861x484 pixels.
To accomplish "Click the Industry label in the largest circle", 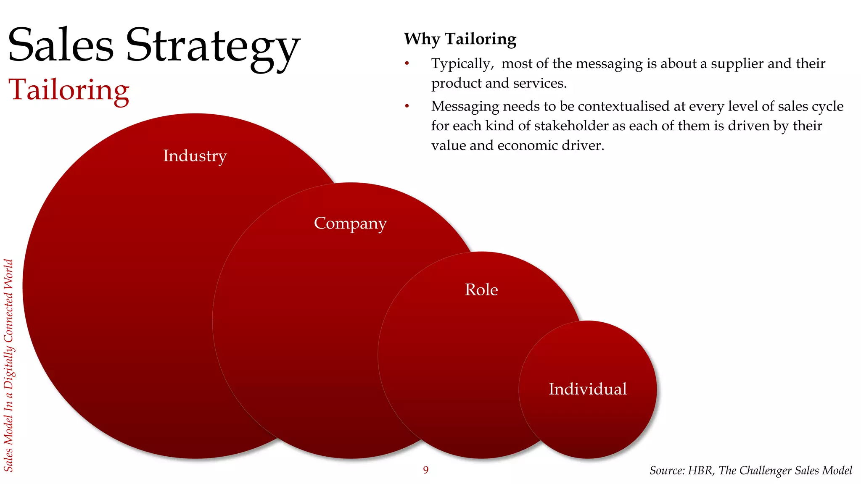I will [x=195, y=156].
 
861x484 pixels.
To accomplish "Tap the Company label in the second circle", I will [x=350, y=223].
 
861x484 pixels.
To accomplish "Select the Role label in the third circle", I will [x=481, y=290].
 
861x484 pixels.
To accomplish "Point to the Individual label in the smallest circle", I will [x=587, y=389].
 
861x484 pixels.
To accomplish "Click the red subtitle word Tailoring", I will [x=69, y=90].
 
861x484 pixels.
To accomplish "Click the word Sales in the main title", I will [x=61, y=45].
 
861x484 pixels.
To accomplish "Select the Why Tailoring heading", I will [x=460, y=39].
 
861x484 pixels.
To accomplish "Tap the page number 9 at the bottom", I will [x=425, y=470].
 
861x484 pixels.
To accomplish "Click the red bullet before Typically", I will [x=407, y=63].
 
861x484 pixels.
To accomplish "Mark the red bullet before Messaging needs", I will [x=407, y=106].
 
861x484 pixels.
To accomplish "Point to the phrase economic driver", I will [x=550, y=145].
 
